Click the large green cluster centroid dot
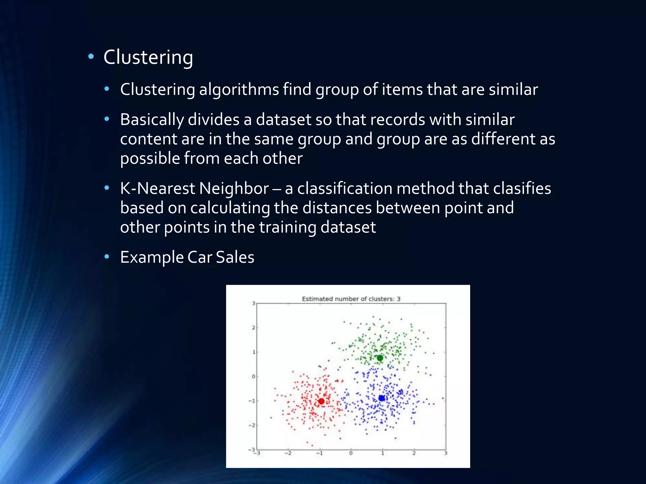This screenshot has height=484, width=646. (380, 358)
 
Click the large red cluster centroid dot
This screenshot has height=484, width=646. (321, 401)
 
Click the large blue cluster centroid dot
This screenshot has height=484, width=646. (381, 398)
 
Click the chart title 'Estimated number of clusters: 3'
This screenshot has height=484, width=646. (351, 299)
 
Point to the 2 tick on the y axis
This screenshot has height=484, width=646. (253, 328)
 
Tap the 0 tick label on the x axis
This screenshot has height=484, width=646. (351, 453)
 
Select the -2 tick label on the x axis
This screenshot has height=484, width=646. (288, 453)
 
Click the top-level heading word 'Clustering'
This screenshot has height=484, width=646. (148, 57)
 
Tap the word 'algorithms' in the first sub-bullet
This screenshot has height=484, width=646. (239, 89)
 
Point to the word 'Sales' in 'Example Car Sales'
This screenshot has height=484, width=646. (235, 257)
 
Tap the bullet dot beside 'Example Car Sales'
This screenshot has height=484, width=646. (107, 257)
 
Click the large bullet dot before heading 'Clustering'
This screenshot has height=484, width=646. (91, 57)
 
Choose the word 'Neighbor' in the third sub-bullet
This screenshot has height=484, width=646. (234, 188)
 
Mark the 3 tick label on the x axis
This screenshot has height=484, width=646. (446, 453)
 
